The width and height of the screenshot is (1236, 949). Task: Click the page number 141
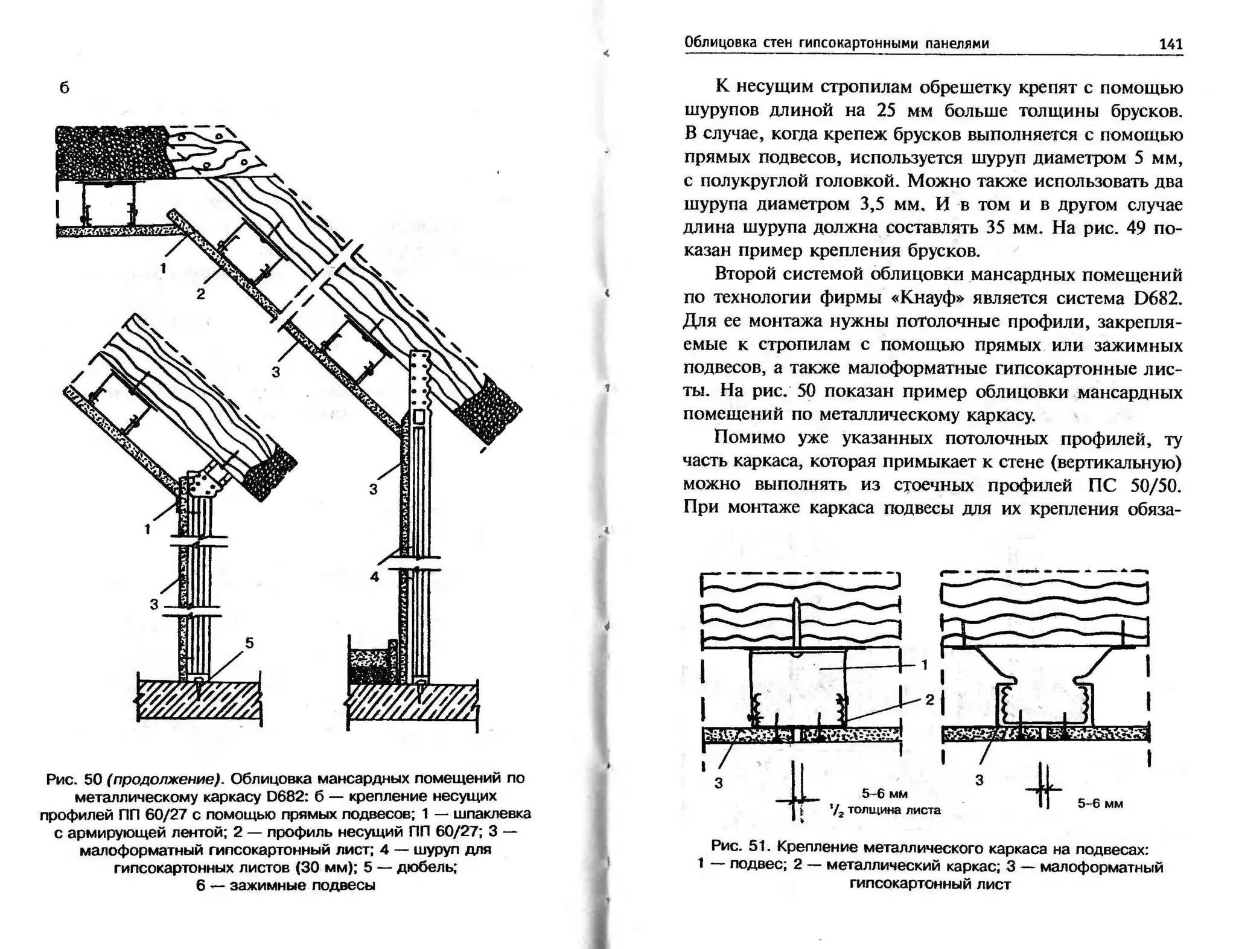pyautogui.click(x=1170, y=44)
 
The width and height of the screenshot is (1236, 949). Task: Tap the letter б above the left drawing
pyautogui.click(x=65, y=88)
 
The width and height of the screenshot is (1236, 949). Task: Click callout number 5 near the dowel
pyautogui.click(x=249, y=644)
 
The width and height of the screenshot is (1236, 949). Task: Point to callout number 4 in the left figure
pyautogui.click(x=374, y=577)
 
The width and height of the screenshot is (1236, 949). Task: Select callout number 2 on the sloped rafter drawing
pyautogui.click(x=200, y=294)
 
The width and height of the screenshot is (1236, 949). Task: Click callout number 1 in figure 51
pyautogui.click(x=925, y=665)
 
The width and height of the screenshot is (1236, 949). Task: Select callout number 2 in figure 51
pyautogui.click(x=929, y=700)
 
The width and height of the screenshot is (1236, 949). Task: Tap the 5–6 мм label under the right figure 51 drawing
pyautogui.click(x=1100, y=804)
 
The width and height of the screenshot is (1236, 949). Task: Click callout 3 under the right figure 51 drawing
pyautogui.click(x=979, y=781)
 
